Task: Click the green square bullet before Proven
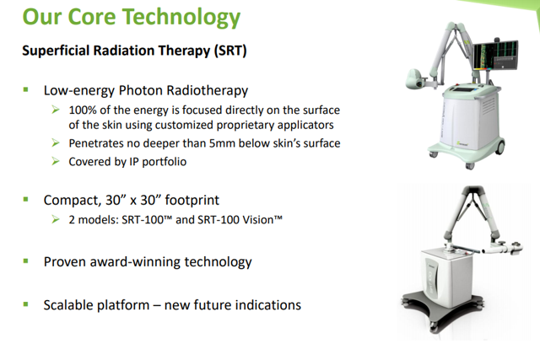click(x=26, y=261)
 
